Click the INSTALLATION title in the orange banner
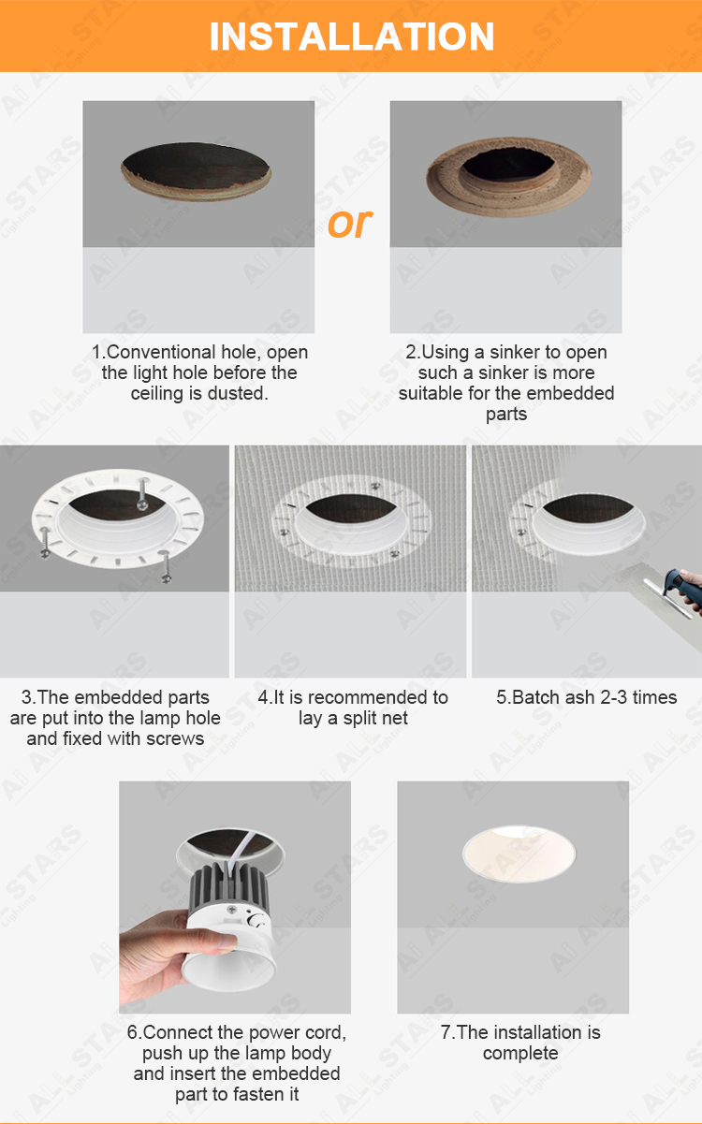tap(351, 36)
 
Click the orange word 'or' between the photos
tap(350, 223)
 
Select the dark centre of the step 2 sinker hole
tap(507, 165)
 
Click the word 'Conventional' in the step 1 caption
tap(162, 352)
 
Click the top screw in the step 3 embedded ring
tap(142, 494)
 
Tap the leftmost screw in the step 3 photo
tap(45, 543)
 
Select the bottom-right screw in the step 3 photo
tap(165, 566)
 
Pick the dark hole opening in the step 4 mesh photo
tap(350, 507)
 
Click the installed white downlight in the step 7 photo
tap(519, 853)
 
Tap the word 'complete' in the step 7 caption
tap(520, 1053)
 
